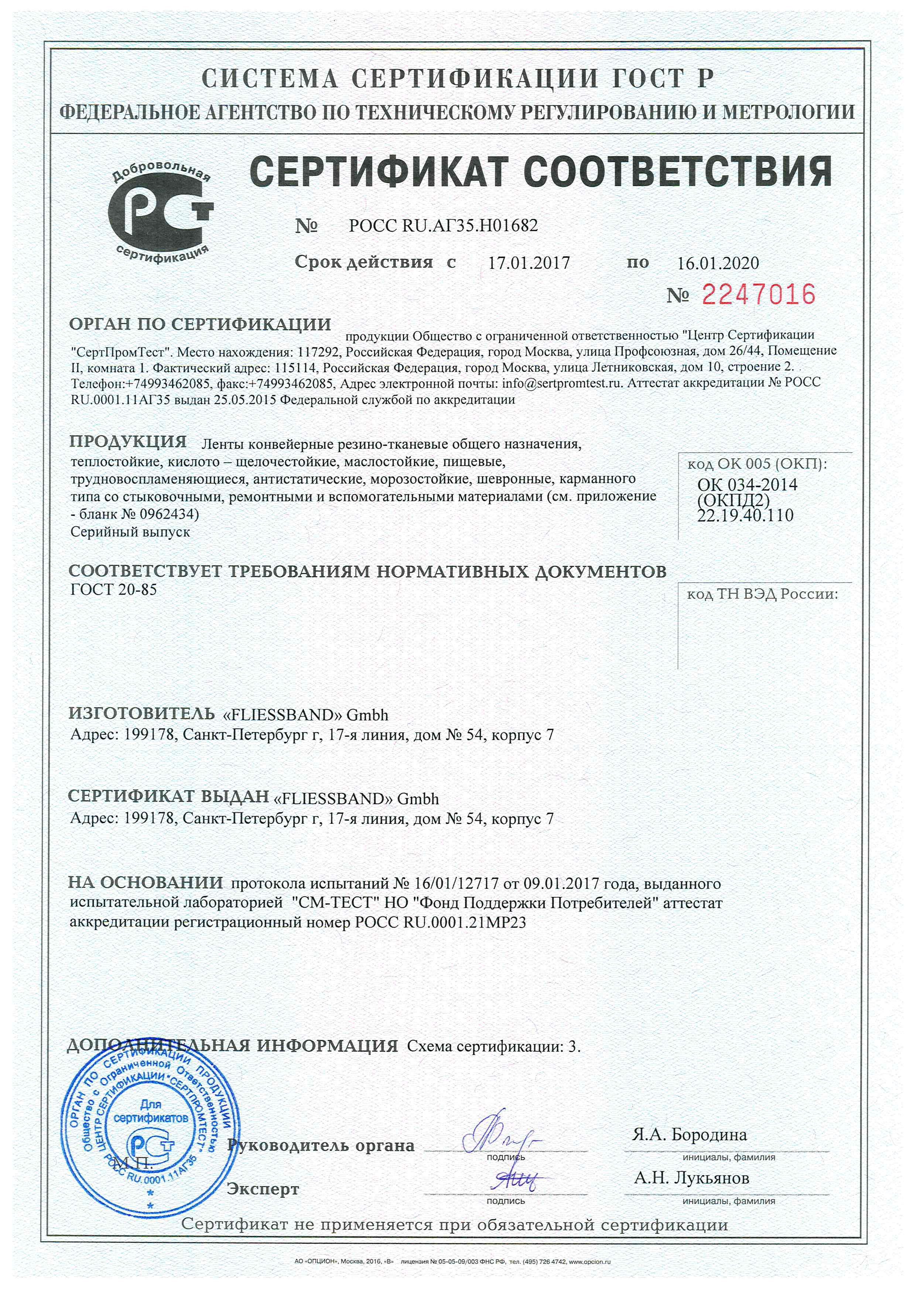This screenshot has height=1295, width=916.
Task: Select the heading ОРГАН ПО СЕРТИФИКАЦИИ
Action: (x=200, y=324)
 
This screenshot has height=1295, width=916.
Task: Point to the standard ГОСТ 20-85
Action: (x=113, y=590)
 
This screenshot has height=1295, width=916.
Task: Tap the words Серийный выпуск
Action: (x=130, y=532)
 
